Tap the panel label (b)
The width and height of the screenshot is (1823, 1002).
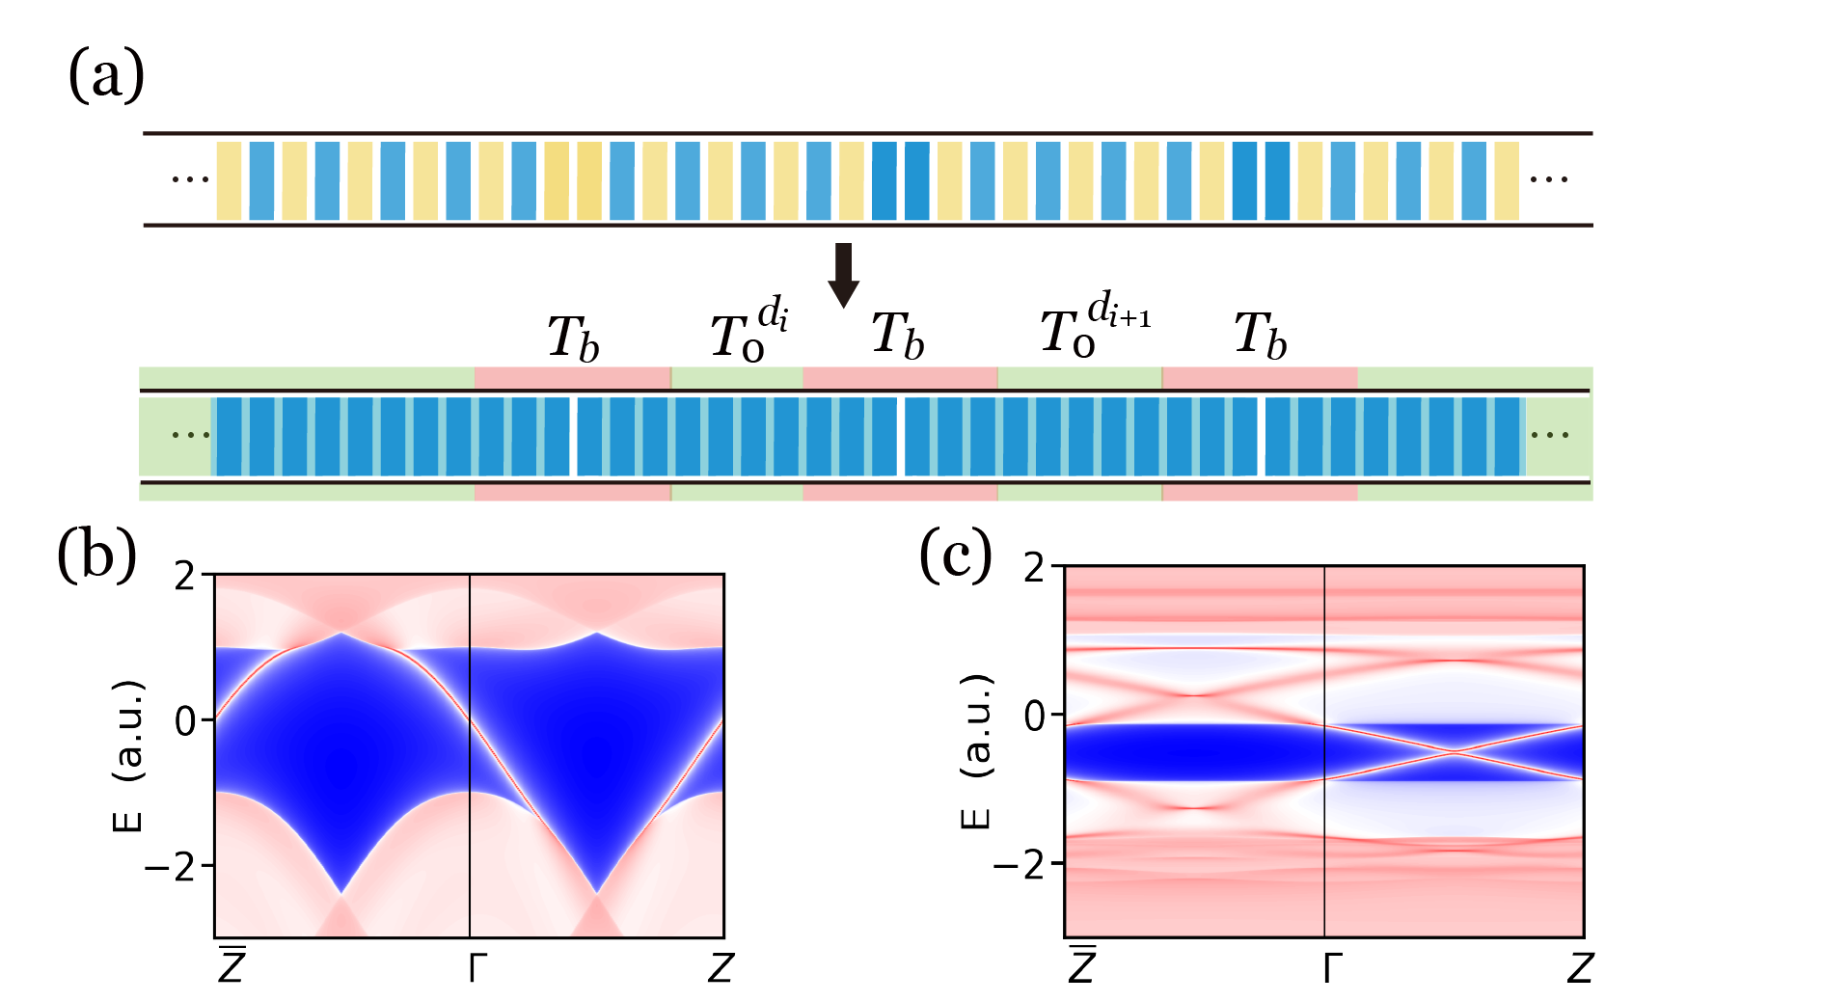tap(96, 556)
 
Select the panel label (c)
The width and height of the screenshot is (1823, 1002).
tap(955, 556)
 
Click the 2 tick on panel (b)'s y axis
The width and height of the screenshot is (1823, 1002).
tap(185, 577)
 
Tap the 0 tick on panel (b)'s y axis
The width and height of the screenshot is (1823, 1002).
tap(185, 720)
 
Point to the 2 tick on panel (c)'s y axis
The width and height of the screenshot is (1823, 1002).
tap(1034, 568)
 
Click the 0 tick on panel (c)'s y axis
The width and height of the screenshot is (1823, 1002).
tap(1034, 716)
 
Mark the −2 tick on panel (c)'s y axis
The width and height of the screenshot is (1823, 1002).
tap(1019, 863)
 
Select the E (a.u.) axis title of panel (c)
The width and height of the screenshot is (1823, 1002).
tap(976, 751)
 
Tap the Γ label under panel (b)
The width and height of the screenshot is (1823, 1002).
tap(472, 967)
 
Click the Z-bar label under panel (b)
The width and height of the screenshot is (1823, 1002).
tap(231, 965)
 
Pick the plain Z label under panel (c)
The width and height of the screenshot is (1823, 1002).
tap(1579, 967)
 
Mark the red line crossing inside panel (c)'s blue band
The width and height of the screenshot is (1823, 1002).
tap(1454, 750)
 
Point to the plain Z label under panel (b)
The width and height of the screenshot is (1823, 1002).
tap(721, 967)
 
